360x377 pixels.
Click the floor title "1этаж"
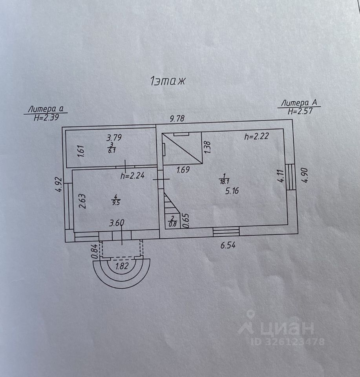click(167, 81)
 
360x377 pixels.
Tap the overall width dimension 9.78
click(177, 118)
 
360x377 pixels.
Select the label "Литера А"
click(299, 103)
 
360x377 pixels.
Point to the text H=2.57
click(300, 111)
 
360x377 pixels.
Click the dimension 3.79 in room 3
click(114, 138)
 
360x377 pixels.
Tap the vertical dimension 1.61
click(80, 151)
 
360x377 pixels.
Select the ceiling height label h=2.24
click(132, 176)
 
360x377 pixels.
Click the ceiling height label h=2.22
click(257, 137)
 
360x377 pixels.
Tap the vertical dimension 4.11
click(280, 176)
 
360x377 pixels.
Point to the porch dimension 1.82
click(122, 265)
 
